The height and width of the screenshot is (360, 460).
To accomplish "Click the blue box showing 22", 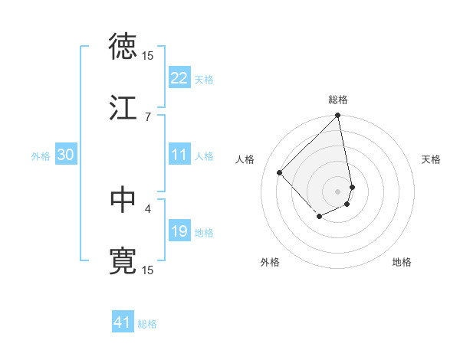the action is [179, 78].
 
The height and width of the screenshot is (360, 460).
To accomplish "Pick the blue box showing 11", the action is [179, 155].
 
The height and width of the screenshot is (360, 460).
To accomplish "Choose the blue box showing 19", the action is [179, 231].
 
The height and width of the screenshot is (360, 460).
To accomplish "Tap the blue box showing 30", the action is [66, 155].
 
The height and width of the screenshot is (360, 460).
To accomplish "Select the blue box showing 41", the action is [123, 322].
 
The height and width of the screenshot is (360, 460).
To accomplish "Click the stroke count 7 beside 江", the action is [148, 116].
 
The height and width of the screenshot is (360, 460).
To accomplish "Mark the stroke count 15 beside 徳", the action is [148, 55].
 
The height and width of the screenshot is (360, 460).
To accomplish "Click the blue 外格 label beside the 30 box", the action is [41, 155].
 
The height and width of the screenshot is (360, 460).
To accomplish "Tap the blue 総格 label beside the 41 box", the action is [147, 324].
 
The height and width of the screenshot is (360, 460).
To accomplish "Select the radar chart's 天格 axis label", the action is [432, 159].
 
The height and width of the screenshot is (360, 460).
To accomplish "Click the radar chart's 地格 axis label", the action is [402, 262].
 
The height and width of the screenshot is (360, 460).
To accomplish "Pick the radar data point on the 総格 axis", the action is [337, 116].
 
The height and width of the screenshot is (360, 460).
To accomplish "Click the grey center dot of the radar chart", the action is [337, 191].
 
